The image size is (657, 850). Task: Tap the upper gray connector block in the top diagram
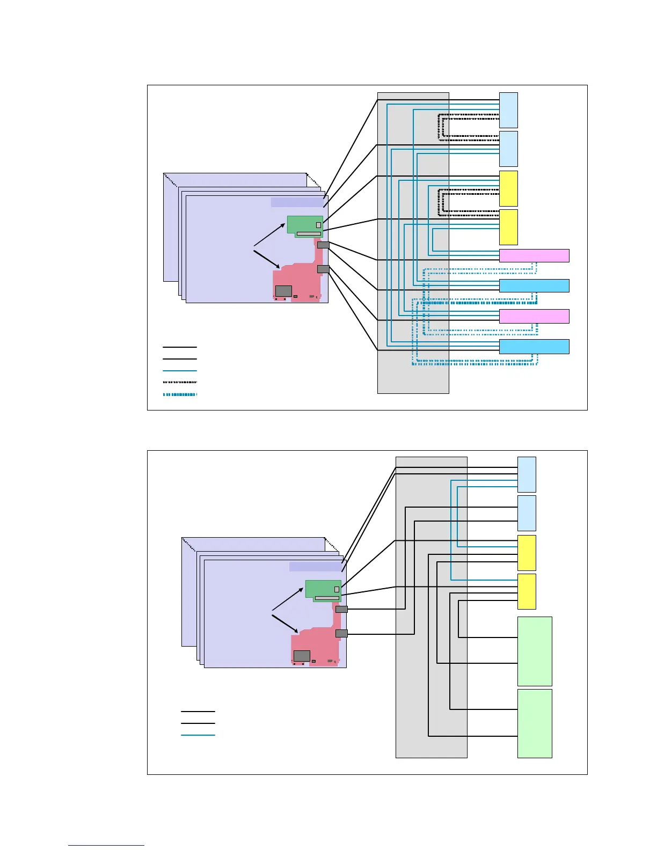323,245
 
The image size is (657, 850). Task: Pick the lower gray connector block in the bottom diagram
341,634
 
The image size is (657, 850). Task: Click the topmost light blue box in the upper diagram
508,110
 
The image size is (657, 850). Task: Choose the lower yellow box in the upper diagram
508,227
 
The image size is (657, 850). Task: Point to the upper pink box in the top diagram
534,255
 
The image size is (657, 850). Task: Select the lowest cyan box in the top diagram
534,347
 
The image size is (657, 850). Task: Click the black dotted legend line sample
180,383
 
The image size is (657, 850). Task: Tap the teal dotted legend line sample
180,394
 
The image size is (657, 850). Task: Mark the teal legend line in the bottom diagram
198,735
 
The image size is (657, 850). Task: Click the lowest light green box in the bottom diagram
535,723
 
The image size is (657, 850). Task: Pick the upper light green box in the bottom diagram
535,651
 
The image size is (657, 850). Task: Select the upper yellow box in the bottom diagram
527,553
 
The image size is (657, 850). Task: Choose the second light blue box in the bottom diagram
527,513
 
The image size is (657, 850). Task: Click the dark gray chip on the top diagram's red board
283,291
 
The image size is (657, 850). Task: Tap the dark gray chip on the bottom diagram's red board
302,655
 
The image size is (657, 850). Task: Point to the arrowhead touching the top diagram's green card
283,225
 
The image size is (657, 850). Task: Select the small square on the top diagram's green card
318,225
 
